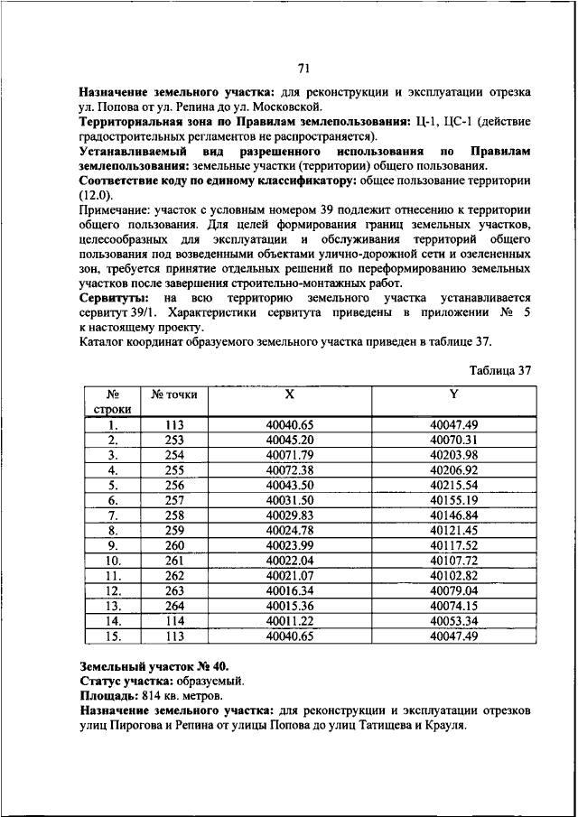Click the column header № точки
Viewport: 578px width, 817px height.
pyautogui.click(x=173, y=395)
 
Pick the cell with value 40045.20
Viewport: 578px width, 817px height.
pyautogui.click(x=289, y=440)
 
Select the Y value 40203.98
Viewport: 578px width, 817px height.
pyautogui.click(x=453, y=454)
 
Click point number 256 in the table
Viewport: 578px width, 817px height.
pyautogui.click(x=173, y=485)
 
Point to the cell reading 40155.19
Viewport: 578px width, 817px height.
pyautogui.click(x=453, y=499)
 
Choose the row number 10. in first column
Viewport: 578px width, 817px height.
pyautogui.click(x=114, y=560)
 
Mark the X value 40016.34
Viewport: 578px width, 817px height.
pyautogui.click(x=289, y=590)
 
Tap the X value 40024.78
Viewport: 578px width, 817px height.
pyautogui.click(x=289, y=529)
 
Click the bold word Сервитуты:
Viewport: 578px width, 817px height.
pyautogui.click(x=114, y=297)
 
